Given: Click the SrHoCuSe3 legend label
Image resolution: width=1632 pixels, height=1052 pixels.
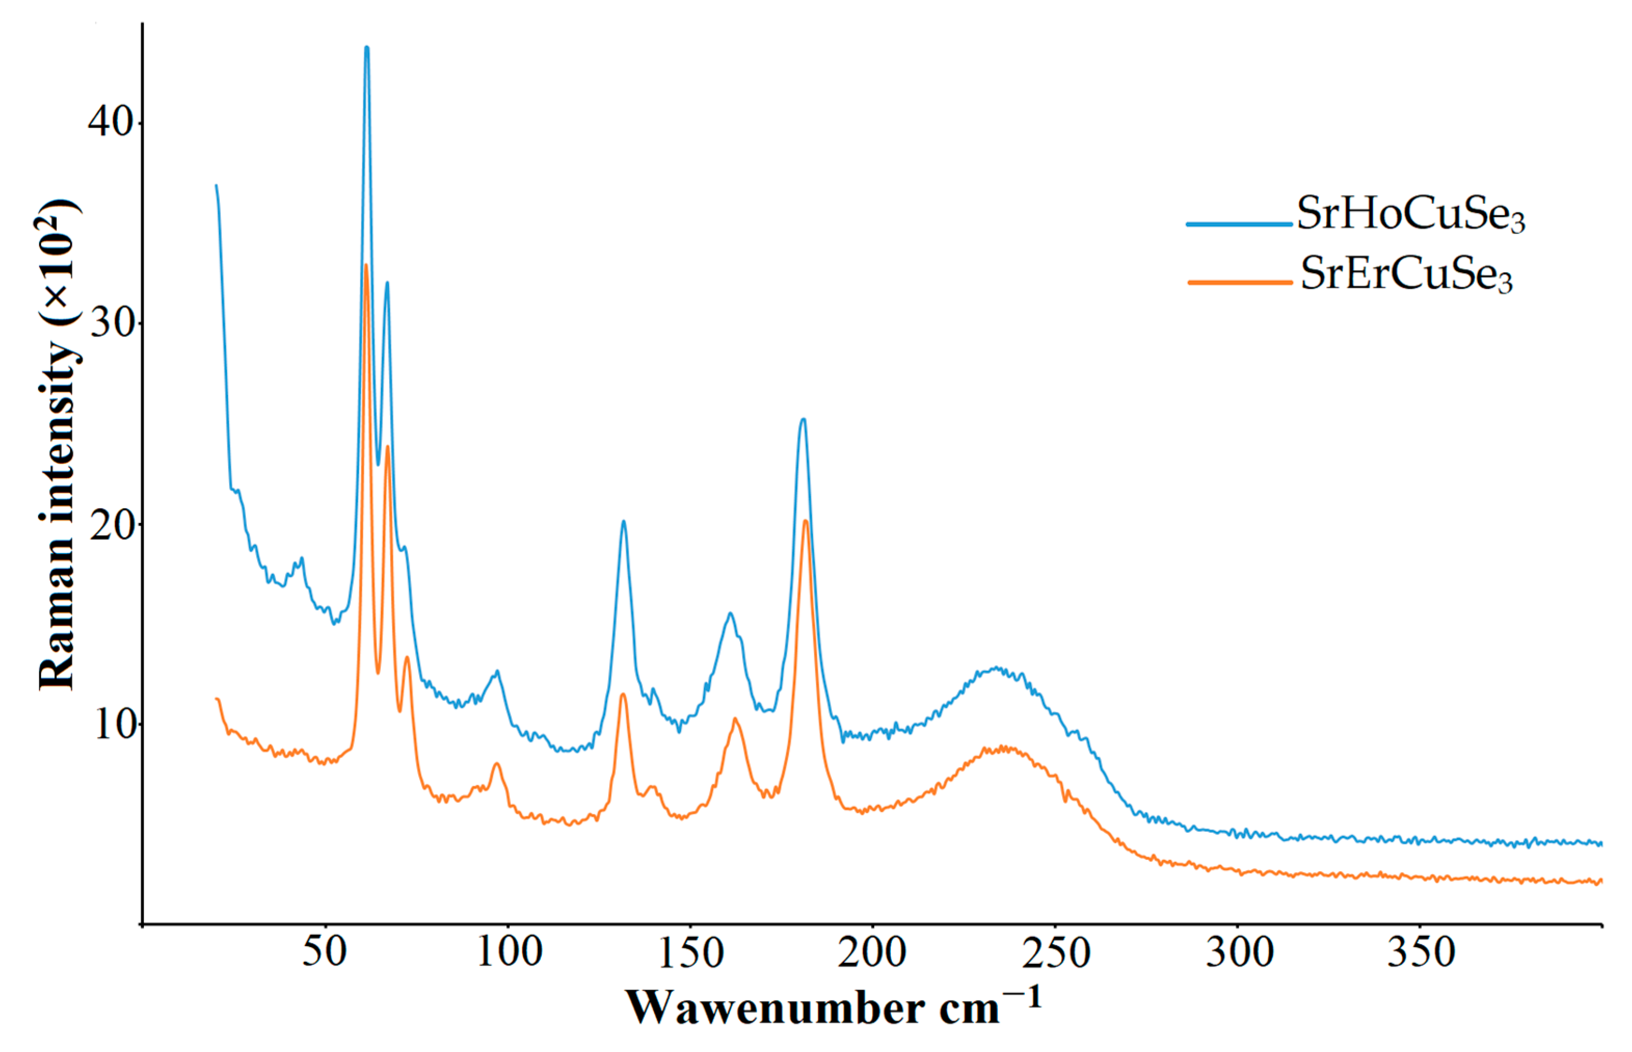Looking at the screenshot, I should [x=1410, y=214].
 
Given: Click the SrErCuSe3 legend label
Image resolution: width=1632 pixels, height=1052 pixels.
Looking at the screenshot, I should [x=1406, y=274].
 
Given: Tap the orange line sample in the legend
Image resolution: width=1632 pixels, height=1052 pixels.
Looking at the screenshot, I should [x=1239, y=281].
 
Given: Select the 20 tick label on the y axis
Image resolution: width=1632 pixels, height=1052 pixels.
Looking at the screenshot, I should [x=111, y=524].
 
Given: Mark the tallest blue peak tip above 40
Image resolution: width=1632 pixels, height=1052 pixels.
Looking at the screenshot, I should [x=367, y=47].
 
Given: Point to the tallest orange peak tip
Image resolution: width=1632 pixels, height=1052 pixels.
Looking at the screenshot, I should [x=366, y=265].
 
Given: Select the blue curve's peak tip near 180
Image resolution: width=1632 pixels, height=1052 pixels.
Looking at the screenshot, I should [x=804, y=420].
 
